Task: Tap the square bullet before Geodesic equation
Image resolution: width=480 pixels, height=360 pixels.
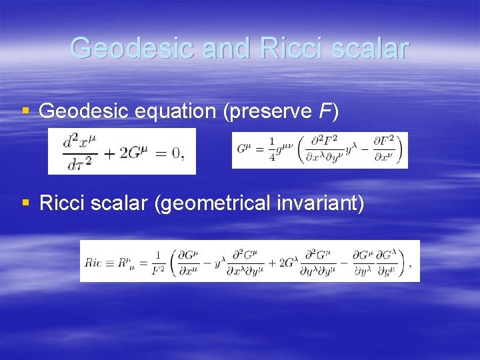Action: click(25, 111)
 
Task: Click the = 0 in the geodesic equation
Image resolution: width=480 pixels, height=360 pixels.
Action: click(169, 153)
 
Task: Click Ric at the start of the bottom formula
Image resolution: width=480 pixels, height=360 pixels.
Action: click(94, 262)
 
